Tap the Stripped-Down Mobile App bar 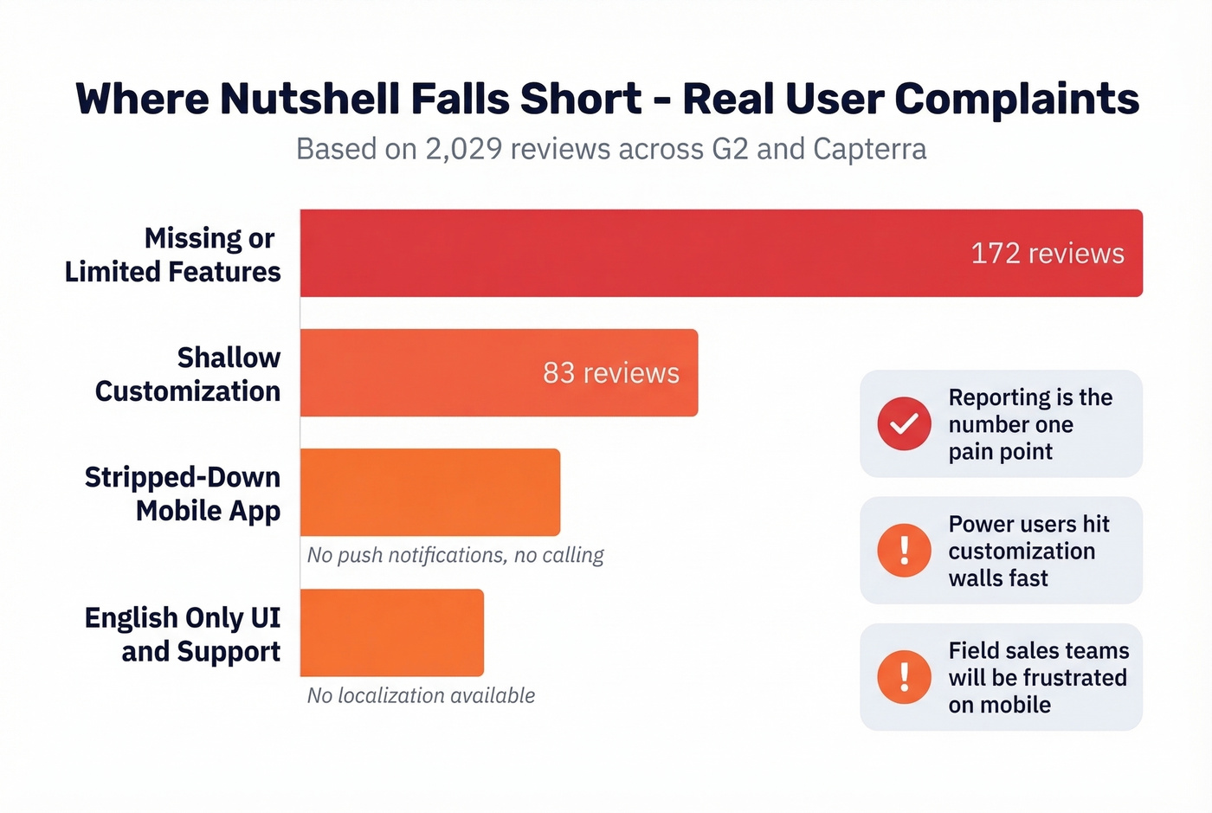click(430, 492)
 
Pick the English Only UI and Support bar click(392, 632)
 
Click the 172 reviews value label click(1047, 254)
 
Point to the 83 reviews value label click(610, 373)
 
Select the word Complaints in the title click(1016, 99)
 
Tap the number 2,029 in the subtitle click(463, 149)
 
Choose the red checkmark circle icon click(904, 423)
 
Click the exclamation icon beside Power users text click(904, 550)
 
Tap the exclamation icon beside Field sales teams click(904, 676)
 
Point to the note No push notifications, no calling click(455, 555)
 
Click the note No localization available click(421, 695)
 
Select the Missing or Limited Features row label click(173, 255)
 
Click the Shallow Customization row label click(188, 374)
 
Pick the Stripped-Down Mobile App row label click(183, 494)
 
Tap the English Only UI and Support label click(183, 634)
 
